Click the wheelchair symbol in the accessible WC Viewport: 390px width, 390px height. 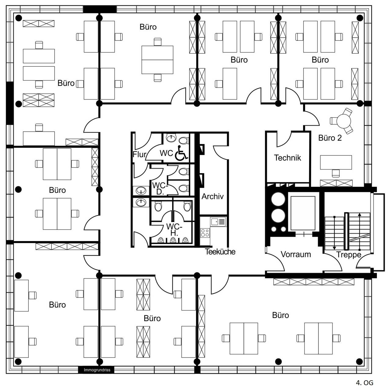(181, 153)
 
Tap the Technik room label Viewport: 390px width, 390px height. (287, 158)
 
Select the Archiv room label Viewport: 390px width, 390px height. (212, 197)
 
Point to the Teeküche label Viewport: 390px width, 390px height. (220, 252)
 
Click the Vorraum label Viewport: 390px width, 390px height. (295, 254)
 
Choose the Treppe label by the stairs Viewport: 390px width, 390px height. (348, 255)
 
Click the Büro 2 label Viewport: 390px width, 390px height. (330, 138)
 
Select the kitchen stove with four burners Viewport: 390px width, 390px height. (205, 233)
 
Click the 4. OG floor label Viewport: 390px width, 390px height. (364, 383)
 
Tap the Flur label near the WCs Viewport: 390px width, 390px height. (139, 154)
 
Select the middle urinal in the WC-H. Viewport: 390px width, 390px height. (173, 240)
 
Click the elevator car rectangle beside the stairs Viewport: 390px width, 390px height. (302, 213)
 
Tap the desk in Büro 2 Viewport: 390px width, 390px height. (336, 162)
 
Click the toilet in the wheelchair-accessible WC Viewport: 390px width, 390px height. (183, 140)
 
